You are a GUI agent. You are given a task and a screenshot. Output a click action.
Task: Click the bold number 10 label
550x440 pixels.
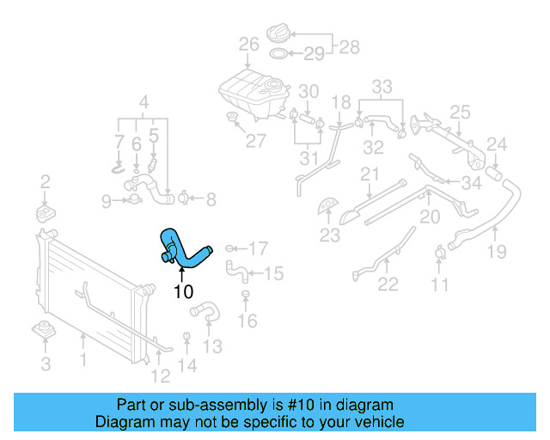point(183,291)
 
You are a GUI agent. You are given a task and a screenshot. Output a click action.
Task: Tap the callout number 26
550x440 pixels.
point(248,45)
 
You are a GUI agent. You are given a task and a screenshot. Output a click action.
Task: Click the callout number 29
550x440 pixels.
point(314,54)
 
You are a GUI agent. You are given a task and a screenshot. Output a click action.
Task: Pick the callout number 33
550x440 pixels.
point(382,86)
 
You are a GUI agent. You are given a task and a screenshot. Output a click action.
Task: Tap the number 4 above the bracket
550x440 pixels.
point(144,101)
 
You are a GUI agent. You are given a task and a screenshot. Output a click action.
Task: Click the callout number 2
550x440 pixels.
point(46,181)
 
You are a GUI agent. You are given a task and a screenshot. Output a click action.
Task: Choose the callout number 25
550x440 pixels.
point(460,112)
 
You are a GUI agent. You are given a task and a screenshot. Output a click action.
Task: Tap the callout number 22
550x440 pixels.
point(388,284)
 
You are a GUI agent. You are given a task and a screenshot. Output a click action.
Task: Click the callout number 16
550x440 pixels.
point(247,321)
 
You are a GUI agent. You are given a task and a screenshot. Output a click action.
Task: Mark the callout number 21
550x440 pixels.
point(370,175)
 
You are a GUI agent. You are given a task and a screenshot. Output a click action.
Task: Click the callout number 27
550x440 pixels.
point(255,141)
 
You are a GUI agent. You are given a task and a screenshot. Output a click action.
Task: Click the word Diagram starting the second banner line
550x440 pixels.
point(125,422)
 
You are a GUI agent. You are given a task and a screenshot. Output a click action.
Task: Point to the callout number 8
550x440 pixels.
point(211,200)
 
